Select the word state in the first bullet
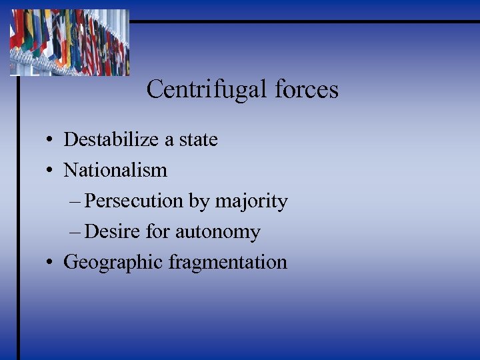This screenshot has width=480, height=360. [198, 139]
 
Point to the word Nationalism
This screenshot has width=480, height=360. [115, 170]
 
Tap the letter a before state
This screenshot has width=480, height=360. [168, 141]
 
